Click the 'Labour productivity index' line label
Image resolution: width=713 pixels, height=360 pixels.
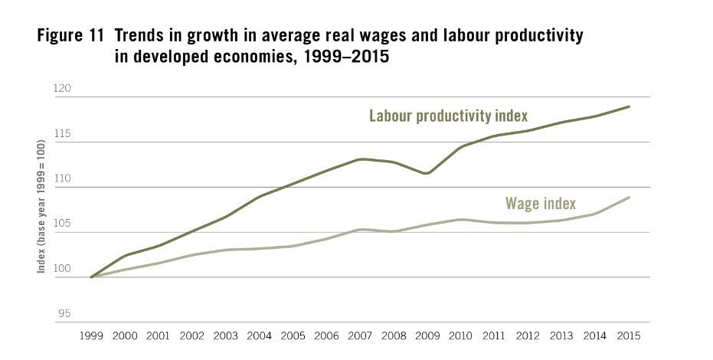coord(449,116)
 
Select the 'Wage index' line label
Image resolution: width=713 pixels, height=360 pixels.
coord(541,204)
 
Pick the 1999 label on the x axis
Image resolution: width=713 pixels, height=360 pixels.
coord(91,335)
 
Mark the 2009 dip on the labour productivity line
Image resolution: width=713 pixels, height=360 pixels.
coord(427,173)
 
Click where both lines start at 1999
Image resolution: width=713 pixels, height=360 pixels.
coord(92,277)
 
